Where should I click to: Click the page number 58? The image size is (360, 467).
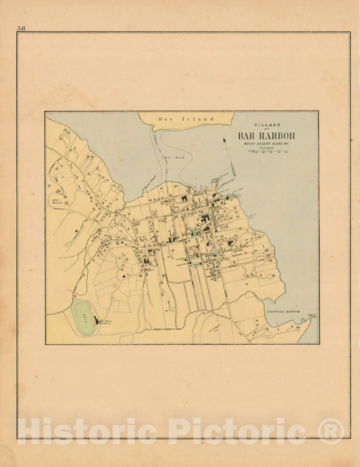pos(22,28)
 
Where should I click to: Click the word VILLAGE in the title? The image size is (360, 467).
pos(265,124)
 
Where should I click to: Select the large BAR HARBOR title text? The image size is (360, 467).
pos(265,135)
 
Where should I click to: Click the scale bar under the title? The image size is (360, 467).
pos(265,153)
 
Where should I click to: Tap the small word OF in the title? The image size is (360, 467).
pos(265,129)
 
